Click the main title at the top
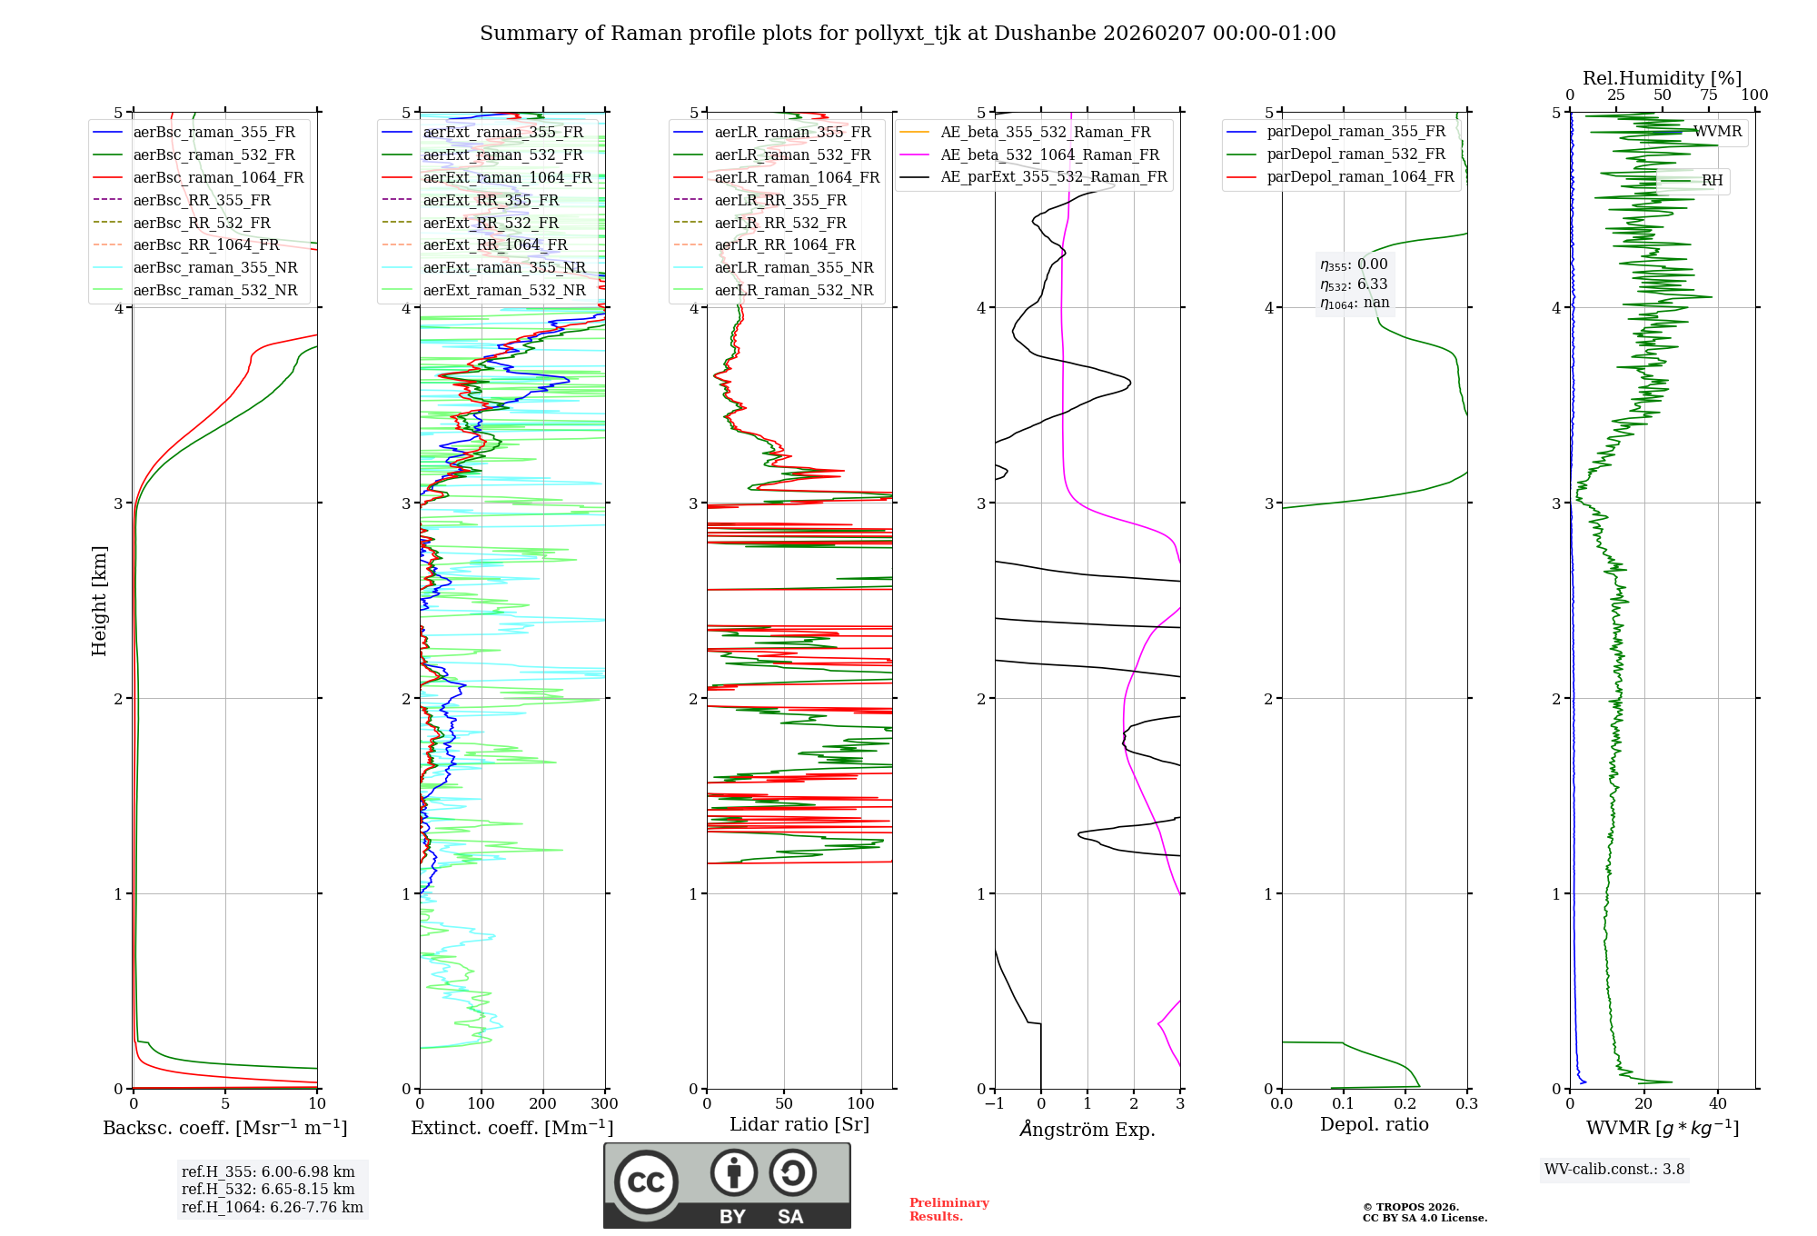pos(908,34)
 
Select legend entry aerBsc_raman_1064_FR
pos(218,177)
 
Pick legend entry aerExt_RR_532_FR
pos(491,223)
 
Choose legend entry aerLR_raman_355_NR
pos(793,267)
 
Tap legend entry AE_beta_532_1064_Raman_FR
pos(1049,154)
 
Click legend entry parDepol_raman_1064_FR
pos(1360,176)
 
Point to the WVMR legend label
pos(1717,132)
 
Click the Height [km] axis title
pos(99,600)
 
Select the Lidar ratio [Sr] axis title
pos(799,1124)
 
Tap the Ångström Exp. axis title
pos(1087,1129)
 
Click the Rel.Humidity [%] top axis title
pos(1662,78)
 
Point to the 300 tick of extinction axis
pos(604,1104)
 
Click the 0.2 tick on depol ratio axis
pos(1405,1104)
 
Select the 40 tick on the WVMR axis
pos(1717,1104)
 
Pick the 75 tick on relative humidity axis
pos(1708,95)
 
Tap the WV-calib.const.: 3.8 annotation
pos(1613,1169)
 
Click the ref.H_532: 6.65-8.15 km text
pos(268,1189)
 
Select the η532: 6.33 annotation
pos(1354,284)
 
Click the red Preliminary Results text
pos(948,1209)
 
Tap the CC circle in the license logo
pos(646,1181)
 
